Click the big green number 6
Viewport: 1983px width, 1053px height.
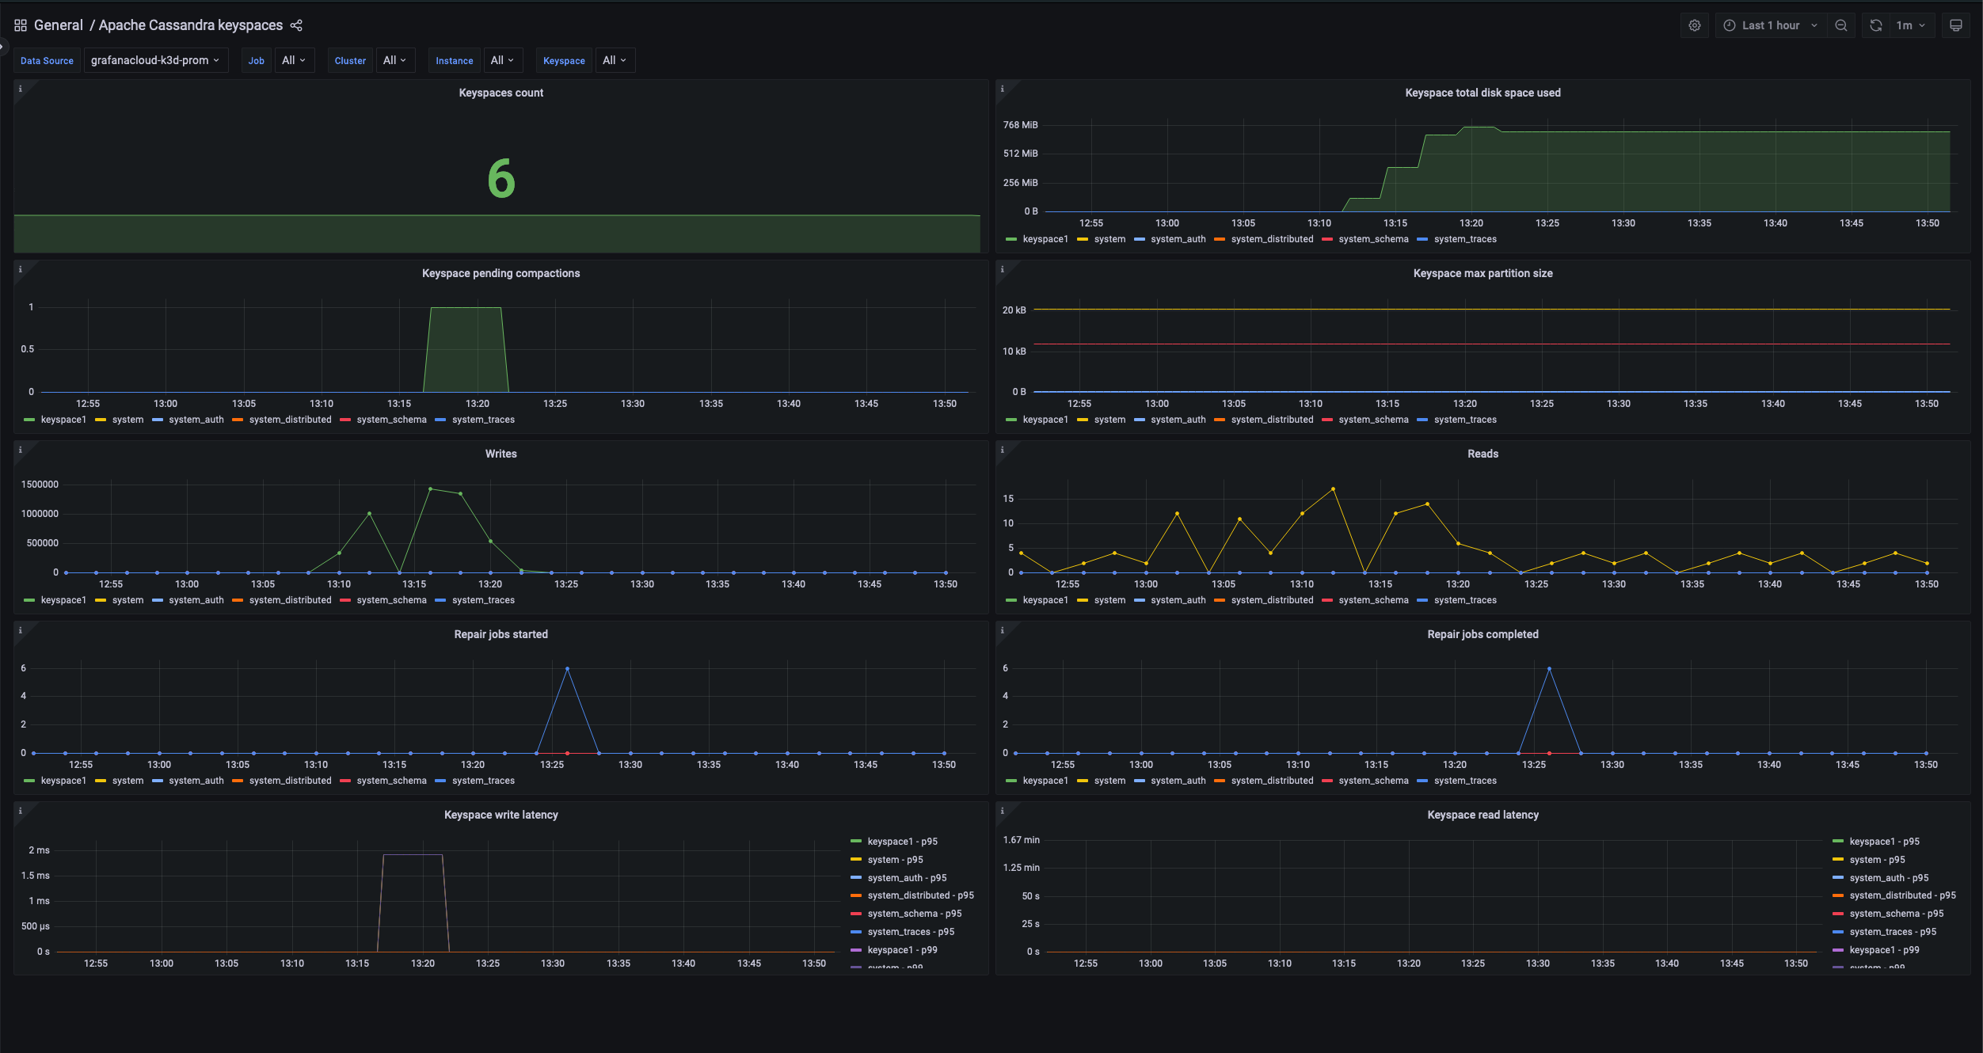pyautogui.click(x=501, y=178)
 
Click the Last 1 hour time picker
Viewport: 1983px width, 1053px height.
pyautogui.click(x=1771, y=25)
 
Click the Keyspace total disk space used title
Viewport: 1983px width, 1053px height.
pyautogui.click(x=1482, y=93)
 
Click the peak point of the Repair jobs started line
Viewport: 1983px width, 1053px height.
pyautogui.click(x=567, y=669)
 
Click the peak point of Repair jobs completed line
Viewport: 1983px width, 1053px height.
pyautogui.click(x=1549, y=669)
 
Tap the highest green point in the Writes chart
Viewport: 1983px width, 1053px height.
pyautogui.click(x=430, y=489)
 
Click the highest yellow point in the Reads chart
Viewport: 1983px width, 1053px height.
pyautogui.click(x=1333, y=489)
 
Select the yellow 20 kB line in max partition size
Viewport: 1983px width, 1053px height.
pyautogui.click(x=1489, y=309)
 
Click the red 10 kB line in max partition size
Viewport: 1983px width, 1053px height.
pyautogui.click(x=1489, y=344)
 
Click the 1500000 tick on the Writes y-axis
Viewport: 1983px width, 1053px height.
pyautogui.click(x=40, y=485)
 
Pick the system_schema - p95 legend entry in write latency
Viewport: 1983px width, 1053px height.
pyautogui.click(x=913, y=914)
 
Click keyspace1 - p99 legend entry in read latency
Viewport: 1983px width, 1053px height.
pyautogui.click(x=1883, y=950)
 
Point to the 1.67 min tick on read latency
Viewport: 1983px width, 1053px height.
pyautogui.click(x=1021, y=840)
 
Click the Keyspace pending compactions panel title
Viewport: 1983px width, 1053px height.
pyautogui.click(x=501, y=273)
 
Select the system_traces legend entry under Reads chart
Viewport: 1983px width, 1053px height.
pyautogui.click(x=1464, y=600)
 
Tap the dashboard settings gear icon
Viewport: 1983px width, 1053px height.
pyautogui.click(x=1694, y=25)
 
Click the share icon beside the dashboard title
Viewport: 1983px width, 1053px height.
pyautogui.click(x=296, y=25)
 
